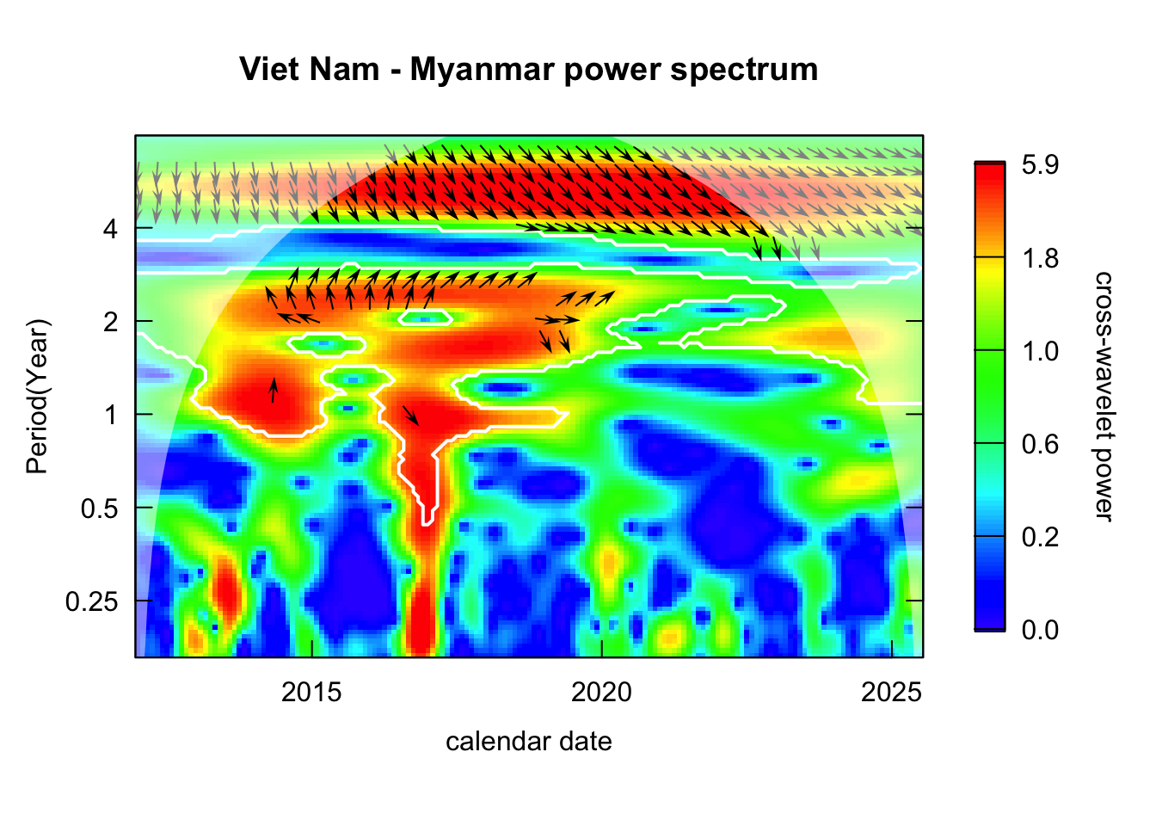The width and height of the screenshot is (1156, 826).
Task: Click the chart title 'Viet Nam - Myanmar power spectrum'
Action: (528, 69)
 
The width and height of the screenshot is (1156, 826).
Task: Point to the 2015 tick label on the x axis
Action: (311, 692)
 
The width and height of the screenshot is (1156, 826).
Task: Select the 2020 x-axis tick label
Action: (601, 692)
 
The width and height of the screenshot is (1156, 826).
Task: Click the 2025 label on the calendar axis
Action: (891, 692)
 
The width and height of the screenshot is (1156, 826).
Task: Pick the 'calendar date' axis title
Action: (528, 742)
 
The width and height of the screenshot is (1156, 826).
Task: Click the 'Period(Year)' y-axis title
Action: (38, 397)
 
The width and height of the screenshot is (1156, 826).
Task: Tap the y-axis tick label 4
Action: (110, 229)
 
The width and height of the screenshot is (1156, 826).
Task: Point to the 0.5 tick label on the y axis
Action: (99, 508)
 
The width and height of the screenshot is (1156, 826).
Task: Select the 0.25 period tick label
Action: (92, 601)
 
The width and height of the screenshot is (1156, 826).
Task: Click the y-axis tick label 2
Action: (110, 322)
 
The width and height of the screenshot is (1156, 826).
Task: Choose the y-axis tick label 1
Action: (110, 415)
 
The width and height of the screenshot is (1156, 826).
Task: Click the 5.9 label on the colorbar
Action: (1040, 165)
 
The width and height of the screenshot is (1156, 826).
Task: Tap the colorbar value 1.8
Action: (1040, 258)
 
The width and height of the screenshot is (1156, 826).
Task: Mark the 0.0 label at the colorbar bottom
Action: (1040, 630)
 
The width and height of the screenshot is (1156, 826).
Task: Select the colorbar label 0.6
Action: (1040, 444)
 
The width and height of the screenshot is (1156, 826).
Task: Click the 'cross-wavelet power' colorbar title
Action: (1103, 396)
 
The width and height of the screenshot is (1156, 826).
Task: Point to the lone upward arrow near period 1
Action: (274, 390)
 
